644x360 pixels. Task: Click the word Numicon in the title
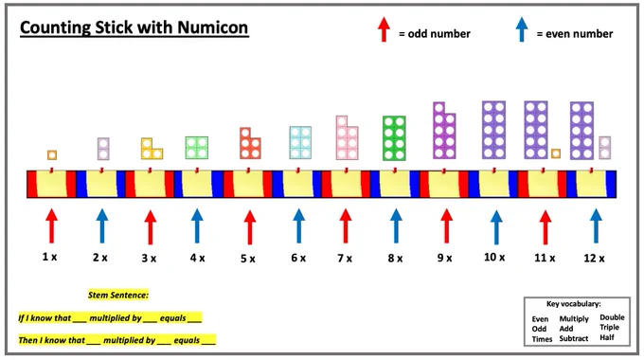[213, 27]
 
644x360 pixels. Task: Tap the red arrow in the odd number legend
[384, 29]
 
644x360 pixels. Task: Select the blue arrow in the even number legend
[522, 29]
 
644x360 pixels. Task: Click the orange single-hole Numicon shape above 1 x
[52, 155]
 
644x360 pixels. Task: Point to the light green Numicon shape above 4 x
[197, 148]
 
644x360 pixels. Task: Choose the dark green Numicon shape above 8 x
[394, 138]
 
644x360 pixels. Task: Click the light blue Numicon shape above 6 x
[300, 143]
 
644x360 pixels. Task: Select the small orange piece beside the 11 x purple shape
[556, 153]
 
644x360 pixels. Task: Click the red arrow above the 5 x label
[250, 226]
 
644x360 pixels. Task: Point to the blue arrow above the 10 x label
[496, 226]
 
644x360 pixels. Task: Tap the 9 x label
[444, 258]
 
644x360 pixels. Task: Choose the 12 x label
[594, 258]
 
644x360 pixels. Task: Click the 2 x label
[99, 258]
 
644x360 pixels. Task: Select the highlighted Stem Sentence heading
[117, 295]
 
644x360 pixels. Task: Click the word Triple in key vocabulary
[609, 327]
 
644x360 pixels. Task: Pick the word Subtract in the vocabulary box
[574, 338]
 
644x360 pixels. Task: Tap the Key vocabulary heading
[573, 304]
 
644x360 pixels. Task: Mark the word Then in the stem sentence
[27, 340]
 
